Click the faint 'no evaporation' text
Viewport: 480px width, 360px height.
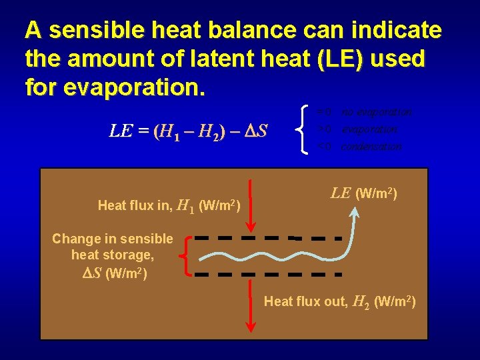pyautogui.click(x=376, y=111)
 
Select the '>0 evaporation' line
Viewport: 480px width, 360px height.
pyautogui.click(x=357, y=129)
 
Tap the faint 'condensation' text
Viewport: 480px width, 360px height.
pyautogui.click(x=371, y=147)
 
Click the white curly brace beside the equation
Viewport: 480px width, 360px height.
pyautogui.click(x=306, y=129)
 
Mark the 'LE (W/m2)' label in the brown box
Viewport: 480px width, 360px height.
pyautogui.click(x=364, y=194)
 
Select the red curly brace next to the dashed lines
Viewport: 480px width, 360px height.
pyautogui.click(x=187, y=256)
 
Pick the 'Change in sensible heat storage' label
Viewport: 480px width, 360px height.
pyautogui.click(x=112, y=247)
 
